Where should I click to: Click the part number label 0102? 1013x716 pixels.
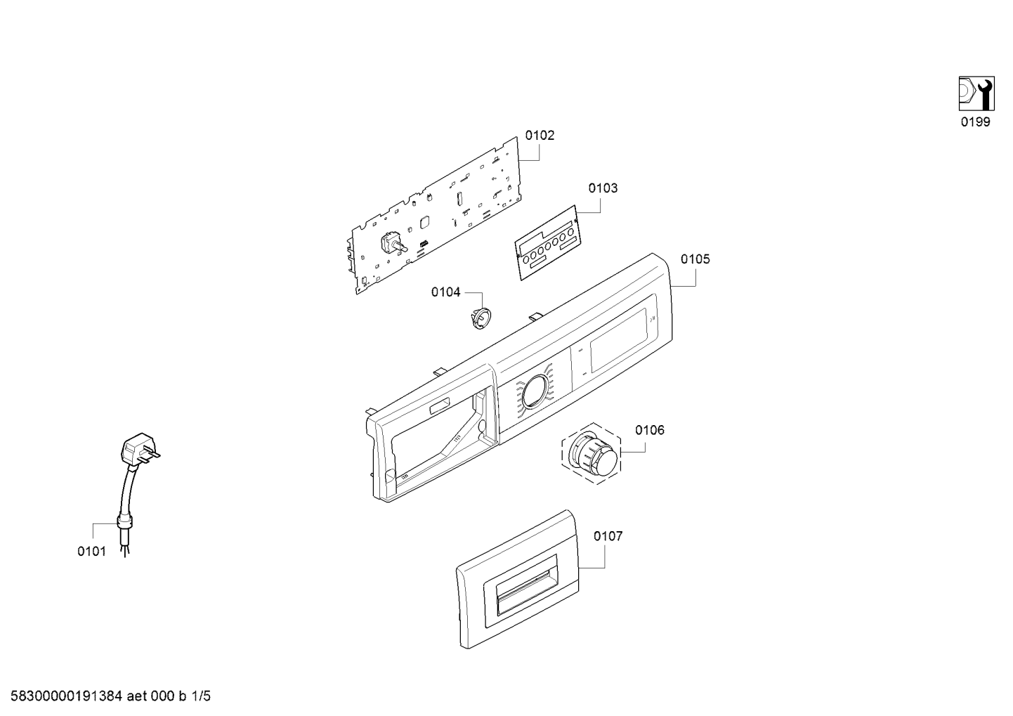(x=540, y=136)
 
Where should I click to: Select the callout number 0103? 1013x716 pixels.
(x=603, y=188)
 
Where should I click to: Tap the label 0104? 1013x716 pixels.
(x=445, y=292)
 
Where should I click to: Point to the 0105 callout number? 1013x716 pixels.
(x=695, y=259)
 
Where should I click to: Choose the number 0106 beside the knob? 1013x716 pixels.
(x=650, y=430)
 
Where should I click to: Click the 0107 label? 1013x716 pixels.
(x=608, y=536)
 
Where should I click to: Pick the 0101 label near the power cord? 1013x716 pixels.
(x=91, y=552)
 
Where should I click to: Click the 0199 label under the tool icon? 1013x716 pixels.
(x=976, y=122)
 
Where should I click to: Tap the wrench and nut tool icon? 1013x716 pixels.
(x=976, y=93)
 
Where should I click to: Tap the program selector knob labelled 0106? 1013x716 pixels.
(x=592, y=455)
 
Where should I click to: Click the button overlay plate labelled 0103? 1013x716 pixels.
(x=547, y=243)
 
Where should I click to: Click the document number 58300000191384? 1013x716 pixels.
(x=66, y=696)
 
